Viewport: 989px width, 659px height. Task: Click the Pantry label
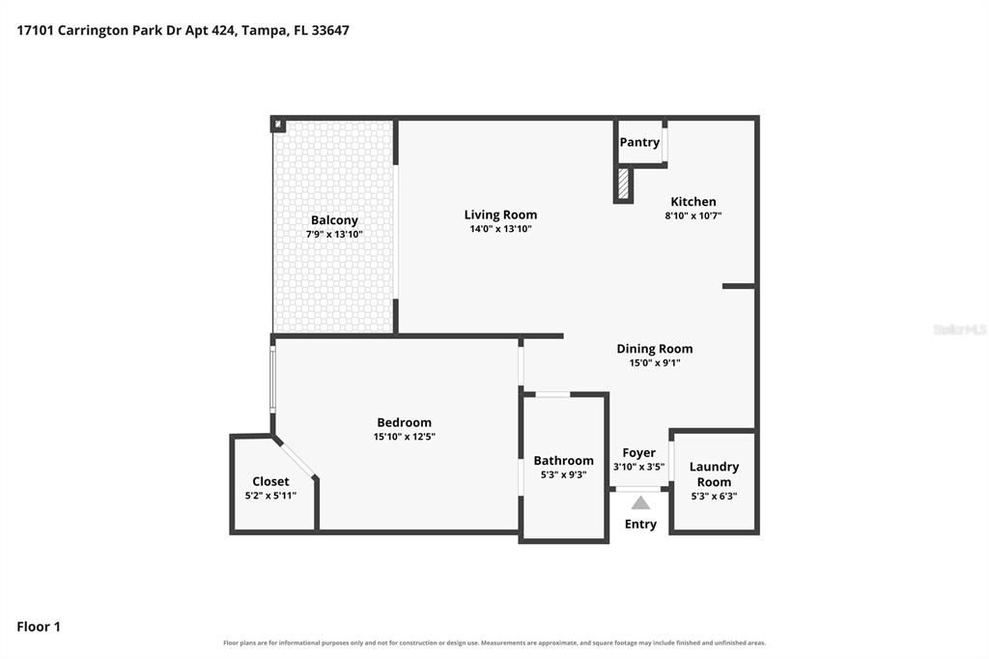(x=639, y=142)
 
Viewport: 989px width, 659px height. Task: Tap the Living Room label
(x=501, y=215)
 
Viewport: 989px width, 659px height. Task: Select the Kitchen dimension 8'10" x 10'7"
(x=693, y=215)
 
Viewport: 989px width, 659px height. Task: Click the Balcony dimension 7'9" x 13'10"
(x=334, y=234)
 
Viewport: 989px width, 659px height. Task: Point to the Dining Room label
(x=655, y=349)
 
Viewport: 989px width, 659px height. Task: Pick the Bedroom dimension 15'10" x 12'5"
(x=405, y=437)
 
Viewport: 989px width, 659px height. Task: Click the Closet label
(x=270, y=481)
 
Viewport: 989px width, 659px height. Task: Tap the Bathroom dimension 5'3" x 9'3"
(x=563, y=474)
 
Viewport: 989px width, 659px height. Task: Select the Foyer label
(x=639, y=453)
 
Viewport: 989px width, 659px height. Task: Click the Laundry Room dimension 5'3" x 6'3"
(x=714, y=496)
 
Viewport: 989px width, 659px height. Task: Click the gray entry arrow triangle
(x=641, y=503)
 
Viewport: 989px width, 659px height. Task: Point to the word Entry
(x=641, y=525)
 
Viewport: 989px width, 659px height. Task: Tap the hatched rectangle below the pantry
(x=623, y=184)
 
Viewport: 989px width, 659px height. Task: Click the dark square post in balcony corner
(x=278, y=125)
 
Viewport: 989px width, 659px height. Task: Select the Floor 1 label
(x=39, y=627)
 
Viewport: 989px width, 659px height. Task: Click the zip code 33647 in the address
(x=330, y=30)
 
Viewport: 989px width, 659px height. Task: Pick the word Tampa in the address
(x=263, y=31)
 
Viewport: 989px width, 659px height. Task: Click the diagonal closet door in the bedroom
(x=296, y=460)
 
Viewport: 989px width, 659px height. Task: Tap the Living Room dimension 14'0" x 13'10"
(x=501, y=229)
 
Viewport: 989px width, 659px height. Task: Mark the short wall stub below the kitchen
(x=739, y=287)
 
